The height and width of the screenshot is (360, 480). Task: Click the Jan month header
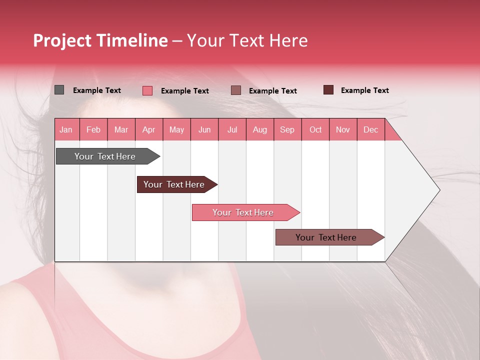(x=66, y=129)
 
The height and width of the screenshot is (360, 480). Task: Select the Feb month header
(x=93, y=129)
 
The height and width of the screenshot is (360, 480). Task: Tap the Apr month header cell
(x=148, y=129)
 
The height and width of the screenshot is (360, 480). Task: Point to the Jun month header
(x=204, y=129)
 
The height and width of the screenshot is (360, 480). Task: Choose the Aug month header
(x=259, y=129)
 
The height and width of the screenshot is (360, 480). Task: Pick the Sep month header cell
(x=287, y=129)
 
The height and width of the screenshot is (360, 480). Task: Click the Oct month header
(x=315, y=129)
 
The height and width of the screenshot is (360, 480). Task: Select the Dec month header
(x=370, y=129)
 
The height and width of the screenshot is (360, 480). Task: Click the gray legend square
(x=59, y=90)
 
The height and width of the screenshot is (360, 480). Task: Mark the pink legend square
(x=147, y=90)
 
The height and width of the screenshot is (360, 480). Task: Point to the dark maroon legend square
(x=328, y=90)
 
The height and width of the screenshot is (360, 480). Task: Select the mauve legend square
(x=236, y=90)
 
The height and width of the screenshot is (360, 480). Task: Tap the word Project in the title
(x=62, y=40)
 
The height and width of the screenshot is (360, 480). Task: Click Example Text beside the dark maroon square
(x=364, y=90)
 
